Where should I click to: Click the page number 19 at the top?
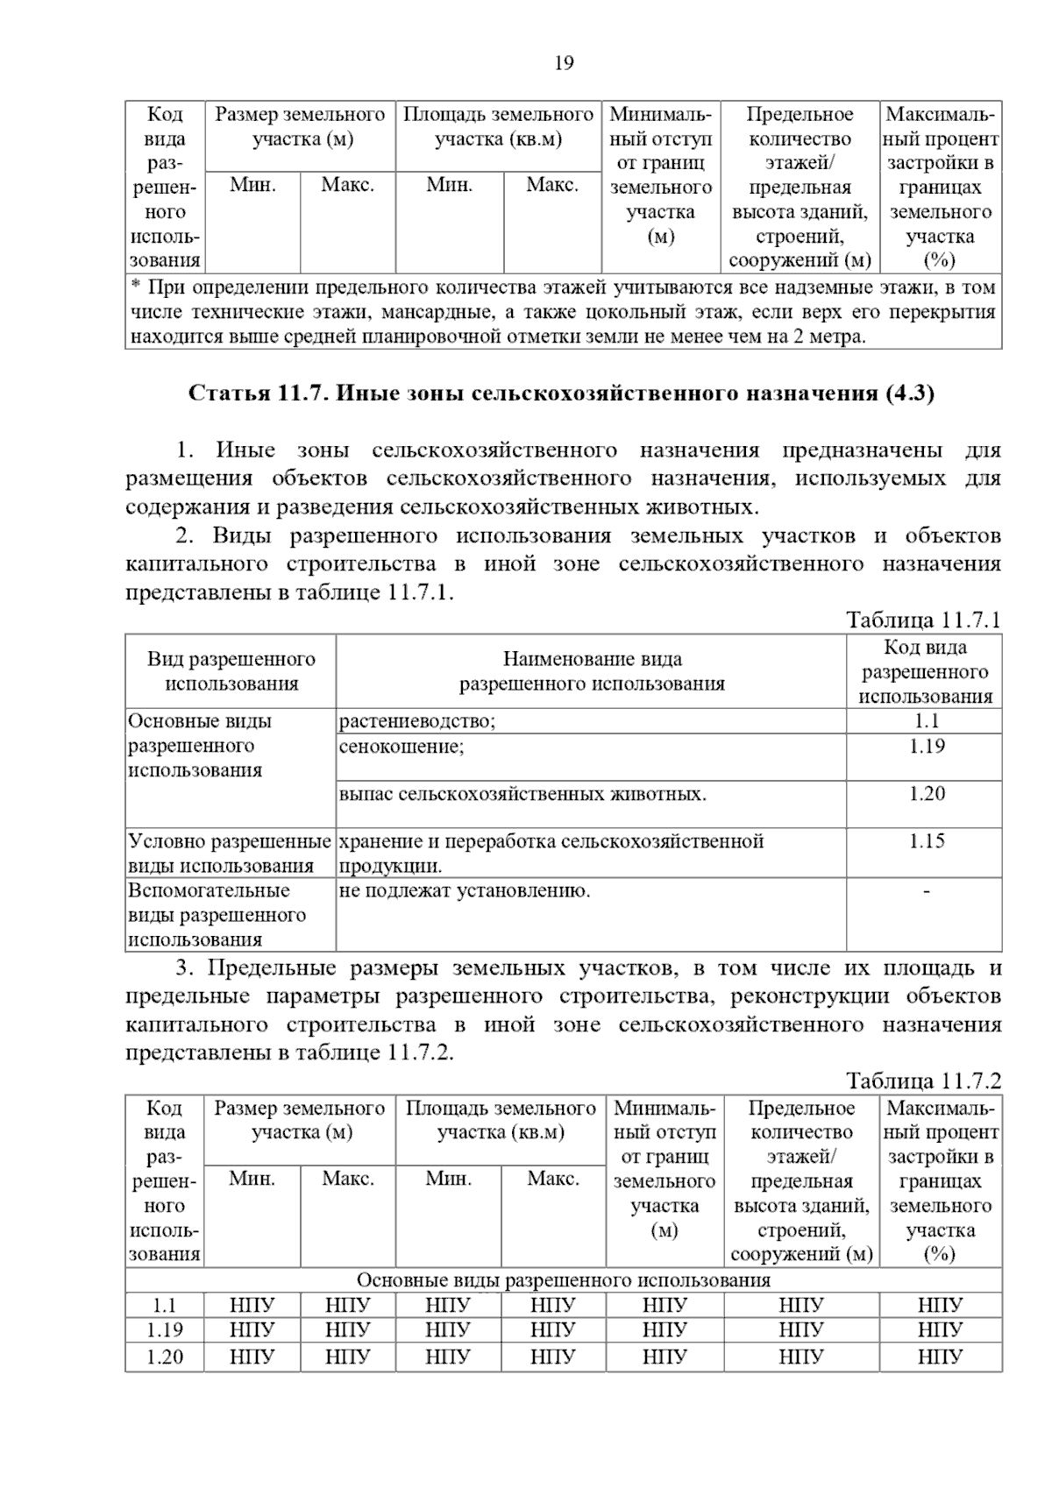[564, 63]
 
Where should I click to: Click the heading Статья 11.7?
[562, 393]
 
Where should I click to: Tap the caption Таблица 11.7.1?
[923, 620]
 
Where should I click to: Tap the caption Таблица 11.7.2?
[923, 1081]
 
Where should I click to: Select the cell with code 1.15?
[926, 841]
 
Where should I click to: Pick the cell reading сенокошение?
[402, 747]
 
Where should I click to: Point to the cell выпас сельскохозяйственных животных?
[522, 794]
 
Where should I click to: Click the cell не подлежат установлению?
[465, 891]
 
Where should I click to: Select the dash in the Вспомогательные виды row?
[926, 891]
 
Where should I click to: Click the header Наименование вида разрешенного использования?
[592, 671]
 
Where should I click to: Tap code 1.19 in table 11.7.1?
[926, 747]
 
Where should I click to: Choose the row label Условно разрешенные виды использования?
[230, 854]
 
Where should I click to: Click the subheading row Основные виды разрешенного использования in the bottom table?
[563, 1280]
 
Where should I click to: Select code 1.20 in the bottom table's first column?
[164, 1357]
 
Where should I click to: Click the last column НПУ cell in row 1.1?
[940, 1306]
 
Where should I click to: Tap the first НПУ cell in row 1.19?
[252, 1330]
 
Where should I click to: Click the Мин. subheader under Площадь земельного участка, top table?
[449, 185]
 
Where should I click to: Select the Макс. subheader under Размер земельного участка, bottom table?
[348, 1179]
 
